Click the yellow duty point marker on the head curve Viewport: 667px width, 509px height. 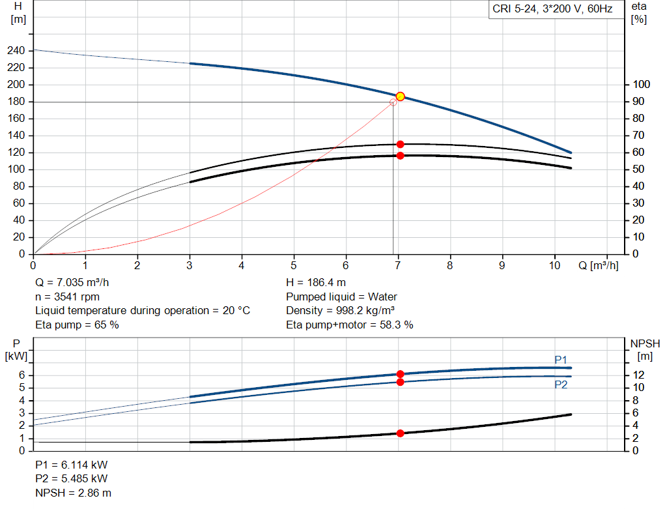400,96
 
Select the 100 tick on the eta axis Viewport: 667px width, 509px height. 641,85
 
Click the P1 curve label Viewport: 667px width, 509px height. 561,360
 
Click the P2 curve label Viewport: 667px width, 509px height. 561,385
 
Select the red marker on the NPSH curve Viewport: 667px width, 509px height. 400,433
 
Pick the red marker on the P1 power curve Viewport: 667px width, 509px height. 400,374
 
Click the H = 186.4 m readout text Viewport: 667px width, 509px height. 315,283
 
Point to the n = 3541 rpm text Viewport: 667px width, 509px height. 67,297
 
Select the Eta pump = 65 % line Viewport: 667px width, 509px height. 77,324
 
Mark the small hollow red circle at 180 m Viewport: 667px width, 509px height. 393,102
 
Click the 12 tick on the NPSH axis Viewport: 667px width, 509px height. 639,375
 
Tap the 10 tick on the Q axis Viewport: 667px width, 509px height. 555,266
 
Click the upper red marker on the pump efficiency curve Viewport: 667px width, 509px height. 400,144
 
